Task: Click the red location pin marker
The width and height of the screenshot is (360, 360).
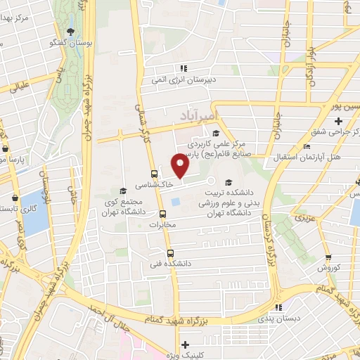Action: click(181, 167)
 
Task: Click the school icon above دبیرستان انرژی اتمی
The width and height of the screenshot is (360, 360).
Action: click(184, 69)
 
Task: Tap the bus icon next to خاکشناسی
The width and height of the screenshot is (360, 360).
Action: click(154, 172)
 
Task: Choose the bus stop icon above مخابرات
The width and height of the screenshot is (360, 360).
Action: click(162, 214)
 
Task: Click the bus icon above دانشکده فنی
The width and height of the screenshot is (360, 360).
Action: click(169, 253)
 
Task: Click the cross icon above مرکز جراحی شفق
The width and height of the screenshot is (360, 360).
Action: click(339, 121)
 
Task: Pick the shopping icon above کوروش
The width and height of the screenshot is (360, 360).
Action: click(328, 258)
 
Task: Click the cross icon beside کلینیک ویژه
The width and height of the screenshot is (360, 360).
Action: click(184, 345)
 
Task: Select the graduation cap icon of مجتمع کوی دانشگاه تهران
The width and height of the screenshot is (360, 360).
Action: click(122, 191)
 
